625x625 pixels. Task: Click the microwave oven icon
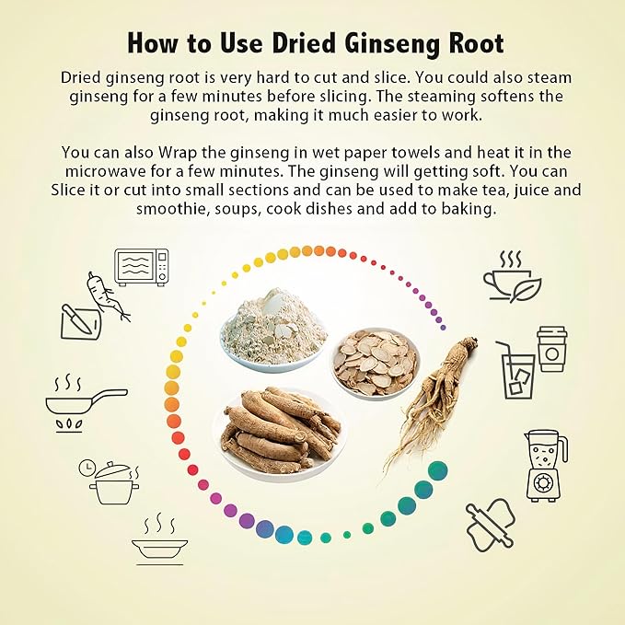143,266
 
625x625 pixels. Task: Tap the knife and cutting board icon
78,319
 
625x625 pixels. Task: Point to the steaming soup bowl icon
159,543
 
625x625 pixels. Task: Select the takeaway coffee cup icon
552,348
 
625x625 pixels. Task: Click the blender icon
546,464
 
